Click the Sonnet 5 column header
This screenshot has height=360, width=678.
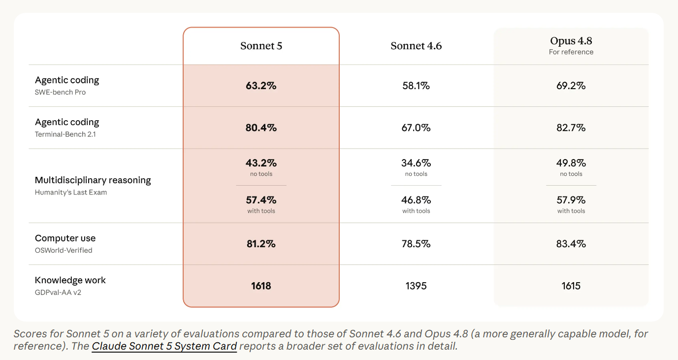261,46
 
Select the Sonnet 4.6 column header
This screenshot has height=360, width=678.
416,46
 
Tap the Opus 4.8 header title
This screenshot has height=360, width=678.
571,40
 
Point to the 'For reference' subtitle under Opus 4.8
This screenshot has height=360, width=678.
571,52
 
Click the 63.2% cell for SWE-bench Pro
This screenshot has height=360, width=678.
261,86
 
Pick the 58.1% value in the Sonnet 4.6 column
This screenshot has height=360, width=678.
416,86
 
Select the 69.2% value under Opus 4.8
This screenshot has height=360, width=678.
571,86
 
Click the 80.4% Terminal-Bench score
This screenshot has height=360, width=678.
261,128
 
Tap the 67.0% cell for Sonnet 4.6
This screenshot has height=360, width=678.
416,128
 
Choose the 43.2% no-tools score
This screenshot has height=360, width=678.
261,163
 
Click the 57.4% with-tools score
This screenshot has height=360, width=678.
261,200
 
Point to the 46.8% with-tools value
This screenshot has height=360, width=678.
416,200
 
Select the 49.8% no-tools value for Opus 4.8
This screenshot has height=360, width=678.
571,163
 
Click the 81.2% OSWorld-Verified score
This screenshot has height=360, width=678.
261,244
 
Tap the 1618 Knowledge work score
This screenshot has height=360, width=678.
261,286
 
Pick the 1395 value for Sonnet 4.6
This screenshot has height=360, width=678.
416,286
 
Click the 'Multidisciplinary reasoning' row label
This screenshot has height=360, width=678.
93,180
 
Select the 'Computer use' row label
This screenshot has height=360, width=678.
65,238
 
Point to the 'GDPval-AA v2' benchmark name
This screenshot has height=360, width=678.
58,293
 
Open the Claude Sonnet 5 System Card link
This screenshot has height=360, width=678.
164,346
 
